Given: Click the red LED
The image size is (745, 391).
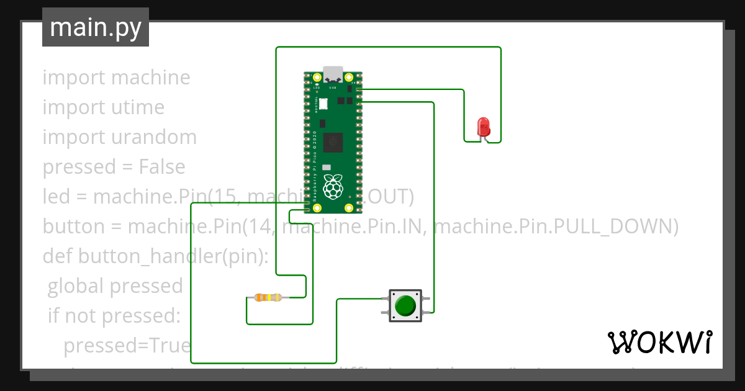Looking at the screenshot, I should coord(483,127).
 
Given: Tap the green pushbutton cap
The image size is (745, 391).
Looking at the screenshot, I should coord(405,305).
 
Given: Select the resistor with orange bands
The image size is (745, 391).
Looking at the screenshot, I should coord(268,298).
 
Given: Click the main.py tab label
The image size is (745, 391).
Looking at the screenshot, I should coord(96,27).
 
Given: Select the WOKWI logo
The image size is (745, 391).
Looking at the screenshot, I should coord(659,342).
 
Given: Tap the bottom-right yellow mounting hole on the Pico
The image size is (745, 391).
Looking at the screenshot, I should coord(350,208).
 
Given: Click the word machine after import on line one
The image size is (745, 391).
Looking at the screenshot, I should coord(151,78).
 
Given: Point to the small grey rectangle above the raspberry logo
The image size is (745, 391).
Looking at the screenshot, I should coord(327,168).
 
